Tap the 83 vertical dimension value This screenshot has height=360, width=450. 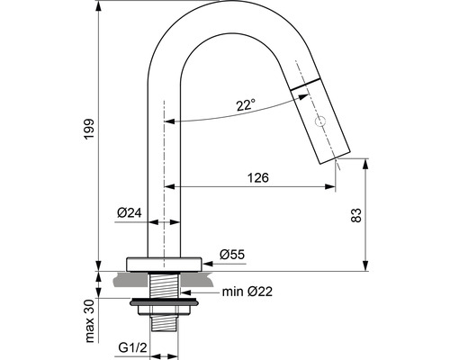(355, 215)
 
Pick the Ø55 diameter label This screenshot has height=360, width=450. (231, 256)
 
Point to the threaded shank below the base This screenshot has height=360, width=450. (163, 286)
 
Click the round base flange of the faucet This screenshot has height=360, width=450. (163, 265)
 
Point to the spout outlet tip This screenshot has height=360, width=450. (336, 157)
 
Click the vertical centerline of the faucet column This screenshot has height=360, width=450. (163, 180)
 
